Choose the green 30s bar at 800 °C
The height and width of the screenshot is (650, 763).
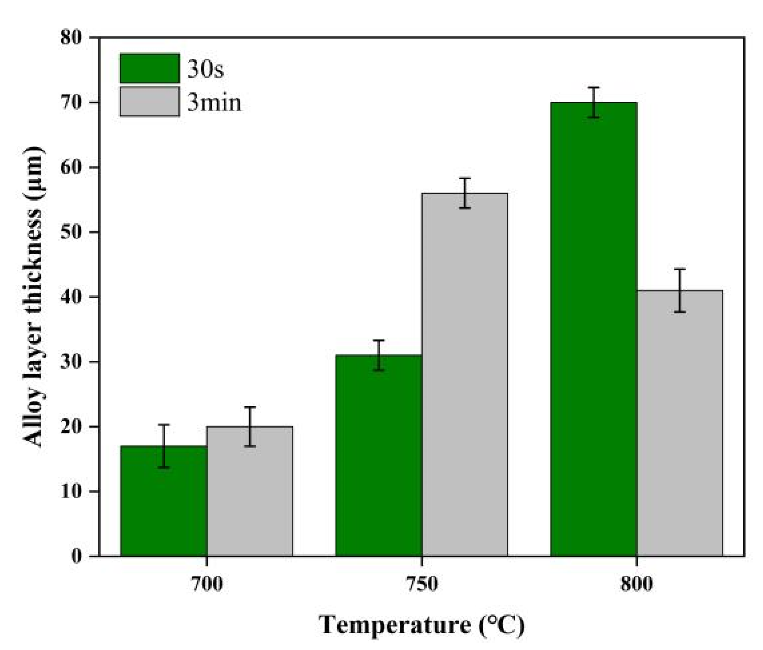[594, 331]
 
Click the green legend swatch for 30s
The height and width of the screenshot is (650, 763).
[149, 68]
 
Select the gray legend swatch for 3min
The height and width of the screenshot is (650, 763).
[149, 101]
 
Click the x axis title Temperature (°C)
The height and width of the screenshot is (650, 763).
[422, 625]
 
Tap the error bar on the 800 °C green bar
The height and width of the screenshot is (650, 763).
[594, 102]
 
